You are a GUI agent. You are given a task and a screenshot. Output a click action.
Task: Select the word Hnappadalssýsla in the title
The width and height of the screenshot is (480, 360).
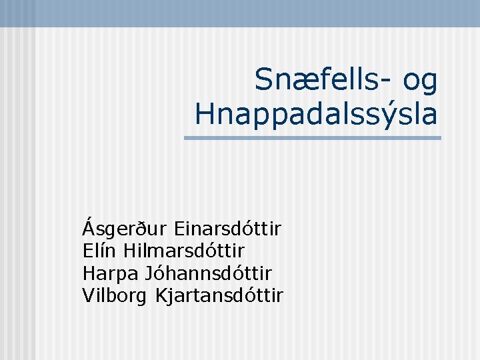point(317,115)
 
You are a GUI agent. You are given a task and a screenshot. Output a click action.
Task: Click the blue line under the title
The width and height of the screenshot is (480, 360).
point(312,138)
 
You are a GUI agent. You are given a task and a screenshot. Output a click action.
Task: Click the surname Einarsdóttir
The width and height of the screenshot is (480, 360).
point(227,229)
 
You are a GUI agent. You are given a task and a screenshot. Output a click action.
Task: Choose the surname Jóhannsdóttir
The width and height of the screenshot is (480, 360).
point(216,273)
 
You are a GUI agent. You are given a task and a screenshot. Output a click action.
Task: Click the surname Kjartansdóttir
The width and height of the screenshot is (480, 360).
point(219,294)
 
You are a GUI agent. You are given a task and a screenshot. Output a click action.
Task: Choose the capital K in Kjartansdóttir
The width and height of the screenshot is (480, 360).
point(161,294)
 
